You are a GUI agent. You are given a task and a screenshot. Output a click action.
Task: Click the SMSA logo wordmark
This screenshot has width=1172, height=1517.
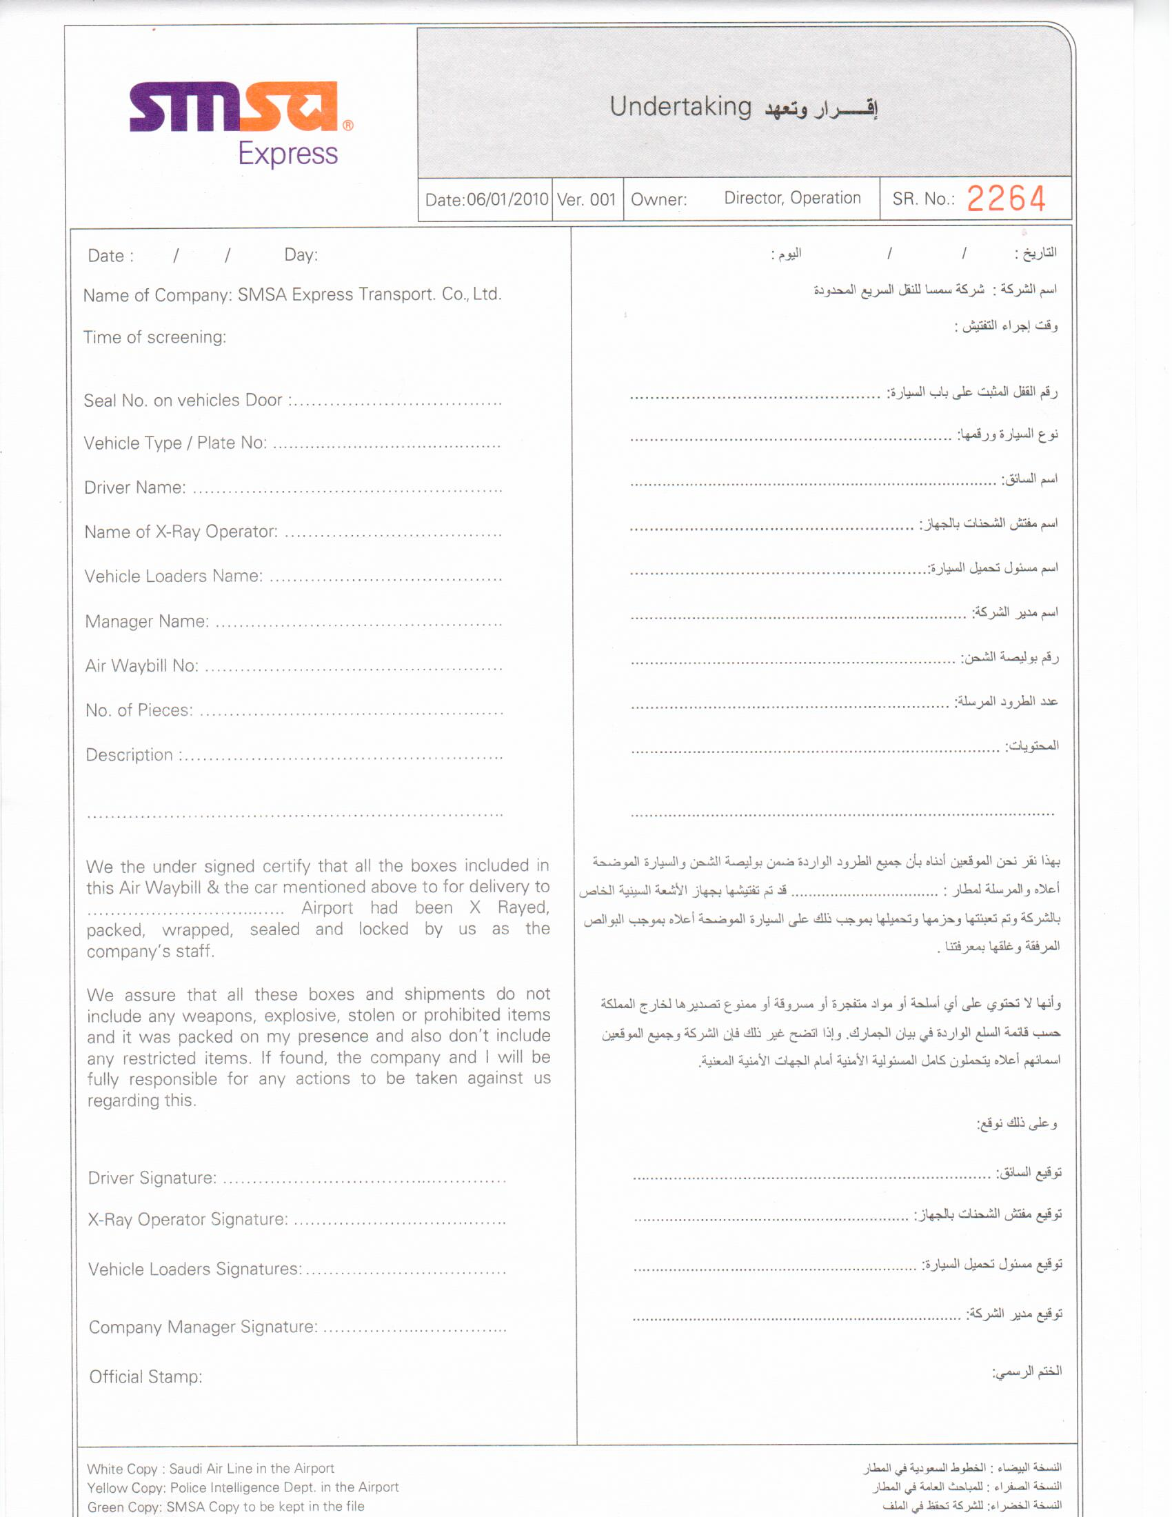[x=233, y=107]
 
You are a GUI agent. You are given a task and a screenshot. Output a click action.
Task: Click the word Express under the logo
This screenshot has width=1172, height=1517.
[x=287, y=154]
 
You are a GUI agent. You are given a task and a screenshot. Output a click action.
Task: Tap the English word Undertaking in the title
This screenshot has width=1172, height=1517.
[x=680, y=107]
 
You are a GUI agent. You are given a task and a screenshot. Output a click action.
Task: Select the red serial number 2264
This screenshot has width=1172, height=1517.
[x=1006, y=199]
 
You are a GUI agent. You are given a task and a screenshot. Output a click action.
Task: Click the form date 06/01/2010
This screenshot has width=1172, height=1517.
[x=507, y=200]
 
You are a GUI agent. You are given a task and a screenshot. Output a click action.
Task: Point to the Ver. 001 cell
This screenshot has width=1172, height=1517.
[x=587, y=200]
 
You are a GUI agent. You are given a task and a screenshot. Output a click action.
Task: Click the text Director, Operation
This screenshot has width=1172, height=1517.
[x=792, y=198]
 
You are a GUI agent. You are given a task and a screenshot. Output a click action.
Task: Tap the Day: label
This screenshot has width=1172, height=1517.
[x=301, y=255]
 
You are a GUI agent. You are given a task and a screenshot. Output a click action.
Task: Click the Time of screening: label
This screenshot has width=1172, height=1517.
[x=155, y=338]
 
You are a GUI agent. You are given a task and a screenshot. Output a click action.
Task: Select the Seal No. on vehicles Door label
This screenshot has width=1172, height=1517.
[x=183, y=401]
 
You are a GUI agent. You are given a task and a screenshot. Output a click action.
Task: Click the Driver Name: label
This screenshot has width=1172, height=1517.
[x=135, y=488]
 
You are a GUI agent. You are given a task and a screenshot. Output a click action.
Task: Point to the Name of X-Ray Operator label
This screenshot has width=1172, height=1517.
[x=181, y=532]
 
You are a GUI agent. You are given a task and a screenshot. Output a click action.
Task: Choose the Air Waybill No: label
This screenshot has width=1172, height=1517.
[x=141, y=666]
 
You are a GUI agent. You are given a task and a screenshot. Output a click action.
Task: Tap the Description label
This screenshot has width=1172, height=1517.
[x=130, y=755]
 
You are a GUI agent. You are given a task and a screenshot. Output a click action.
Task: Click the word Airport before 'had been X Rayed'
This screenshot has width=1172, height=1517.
[x=327, y=909]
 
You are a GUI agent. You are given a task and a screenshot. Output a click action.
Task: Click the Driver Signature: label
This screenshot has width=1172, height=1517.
[x=153, y=1178]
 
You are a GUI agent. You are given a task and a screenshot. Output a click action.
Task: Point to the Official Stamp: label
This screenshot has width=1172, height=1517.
[x=145, y=1377]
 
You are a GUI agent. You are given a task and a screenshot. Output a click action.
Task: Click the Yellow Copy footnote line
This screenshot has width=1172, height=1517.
[x=243, y=1487]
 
